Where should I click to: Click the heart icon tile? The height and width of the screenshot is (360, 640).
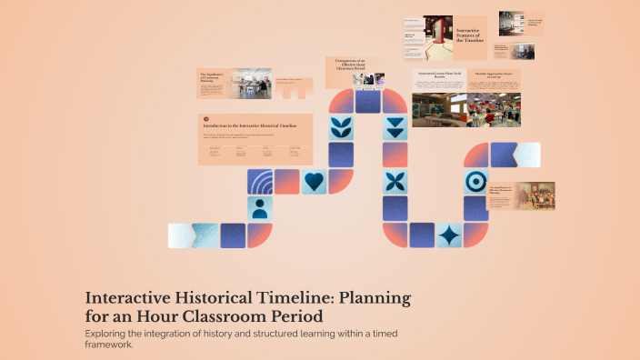pos(314,182)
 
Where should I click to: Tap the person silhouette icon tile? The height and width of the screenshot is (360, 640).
pos(260,209)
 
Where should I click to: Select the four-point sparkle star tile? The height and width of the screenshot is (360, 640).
pos(448,235)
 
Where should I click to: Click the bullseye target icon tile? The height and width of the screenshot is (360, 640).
pos(475,182)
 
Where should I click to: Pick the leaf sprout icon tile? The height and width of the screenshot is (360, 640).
pos(342,127)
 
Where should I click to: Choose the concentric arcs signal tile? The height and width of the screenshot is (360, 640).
pos(260,182)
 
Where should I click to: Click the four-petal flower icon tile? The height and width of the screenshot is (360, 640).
pos(395,182)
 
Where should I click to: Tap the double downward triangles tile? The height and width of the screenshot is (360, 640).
pos(395,127)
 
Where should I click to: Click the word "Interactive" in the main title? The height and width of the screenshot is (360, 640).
pos(126,298)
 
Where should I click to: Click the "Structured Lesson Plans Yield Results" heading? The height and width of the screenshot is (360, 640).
pos(440,75)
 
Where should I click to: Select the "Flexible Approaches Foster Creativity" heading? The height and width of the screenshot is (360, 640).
pos(499,75)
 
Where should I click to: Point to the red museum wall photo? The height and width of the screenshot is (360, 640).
pos(437,37)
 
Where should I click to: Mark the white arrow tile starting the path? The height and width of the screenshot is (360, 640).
pos(179,235)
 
